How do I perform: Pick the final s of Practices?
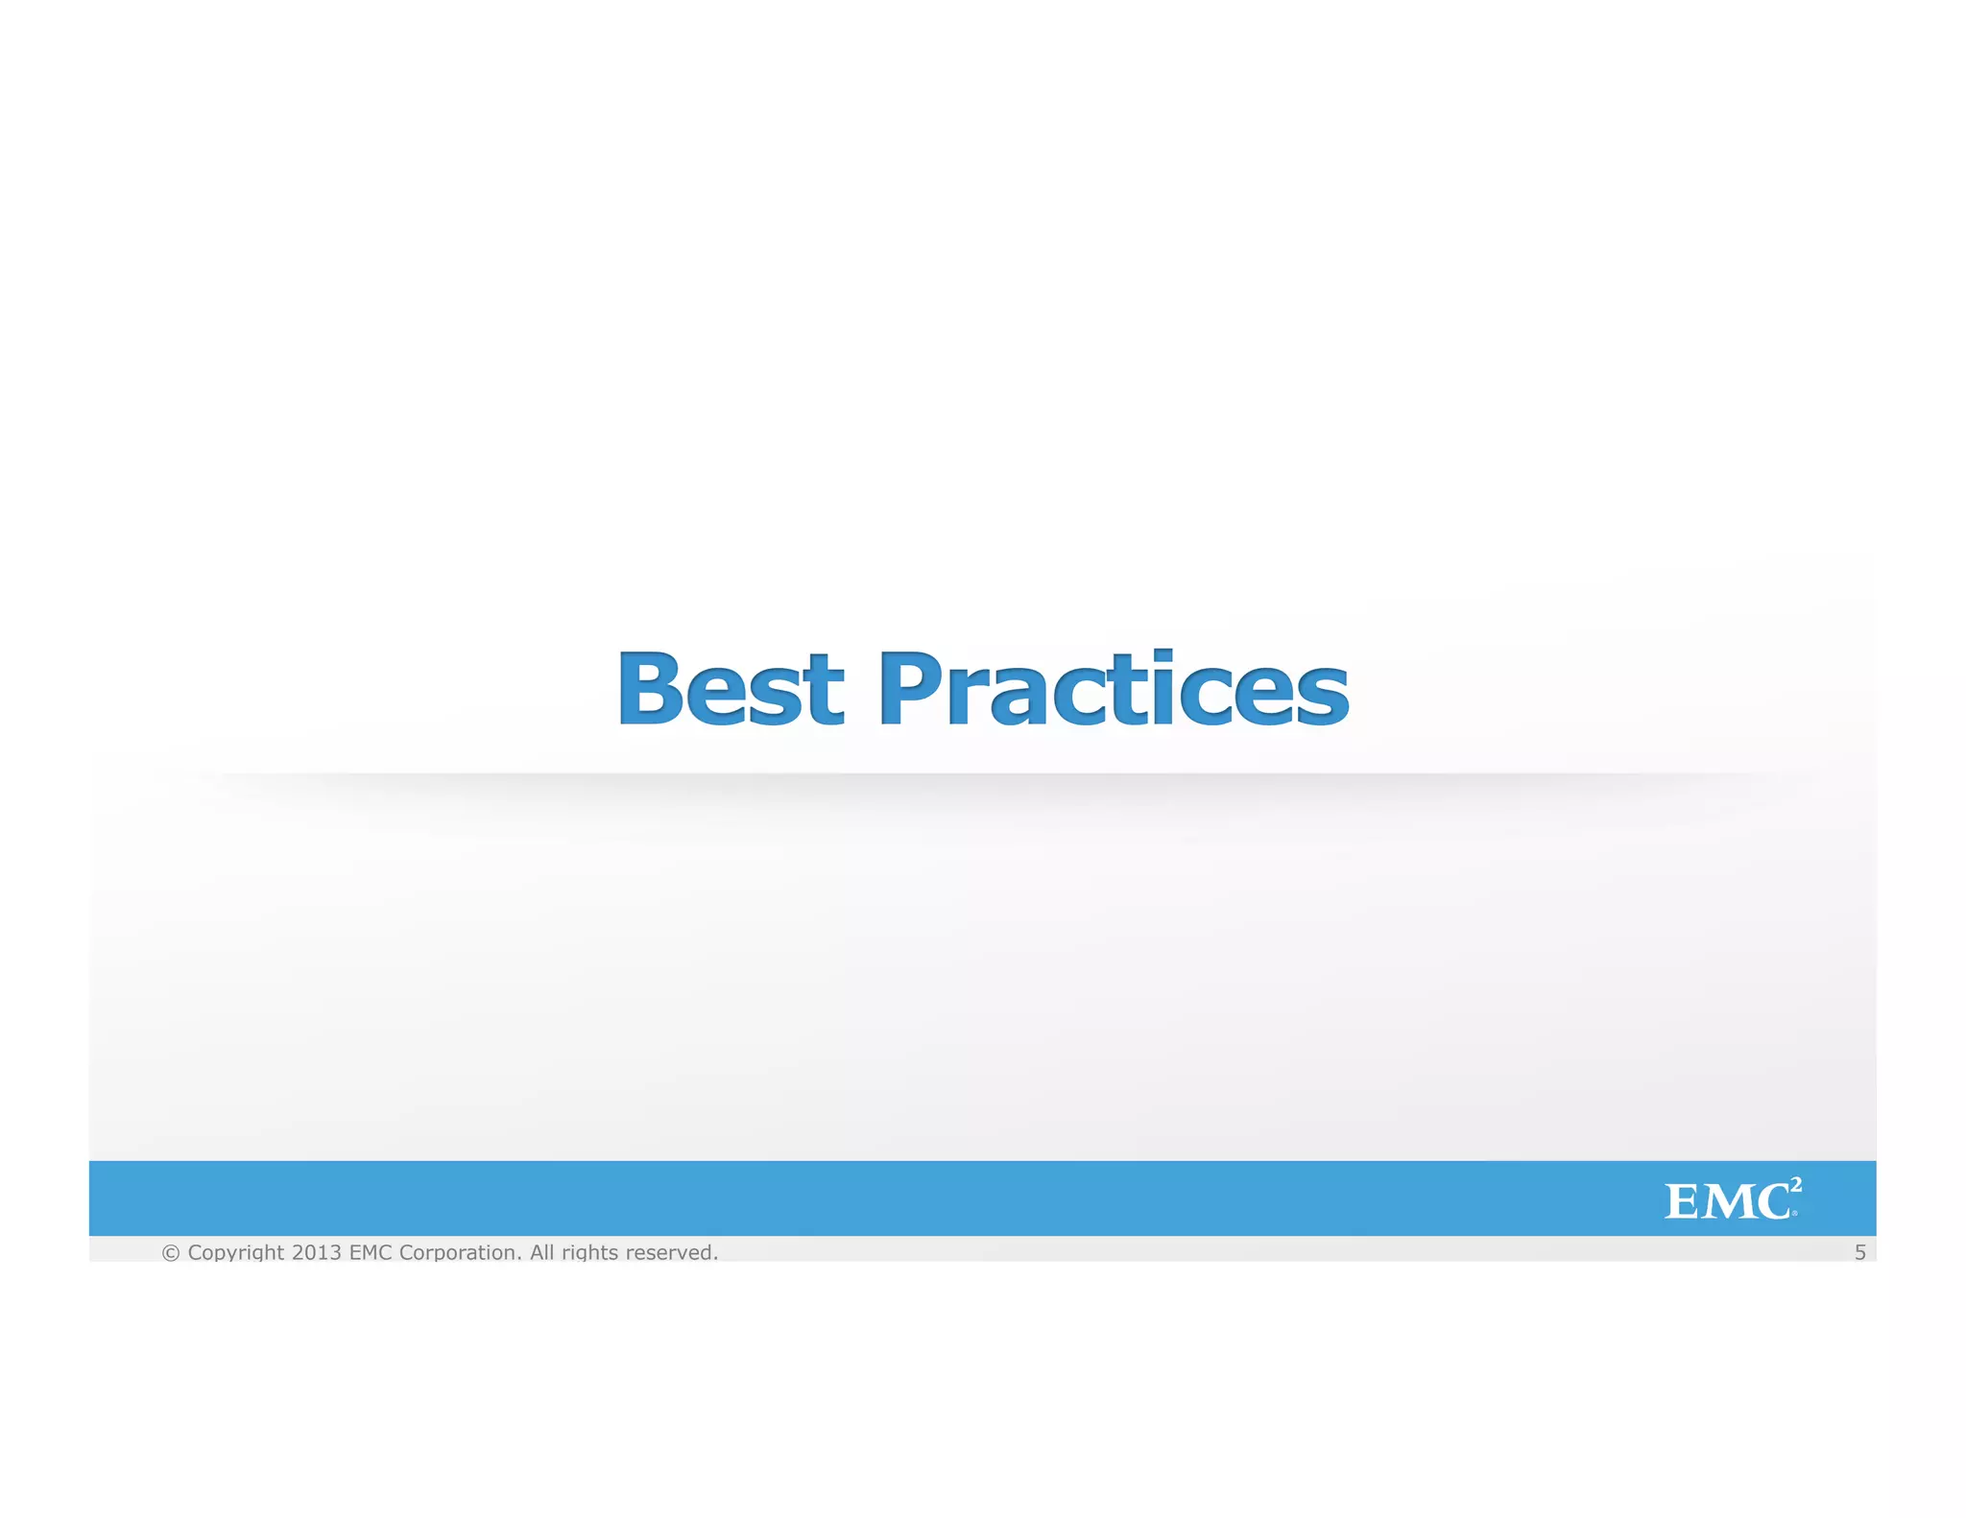[1323, 695]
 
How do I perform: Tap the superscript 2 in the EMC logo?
[1796, 1185]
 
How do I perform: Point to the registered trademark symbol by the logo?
[1794, 1214]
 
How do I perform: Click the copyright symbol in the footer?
[171, 1252]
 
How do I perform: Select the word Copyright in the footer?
[236, 1252]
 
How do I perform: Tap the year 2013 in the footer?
[317, 1252]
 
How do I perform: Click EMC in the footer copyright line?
[371, 1252]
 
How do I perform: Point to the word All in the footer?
[542, 1252]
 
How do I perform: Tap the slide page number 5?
[1859, 1252]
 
